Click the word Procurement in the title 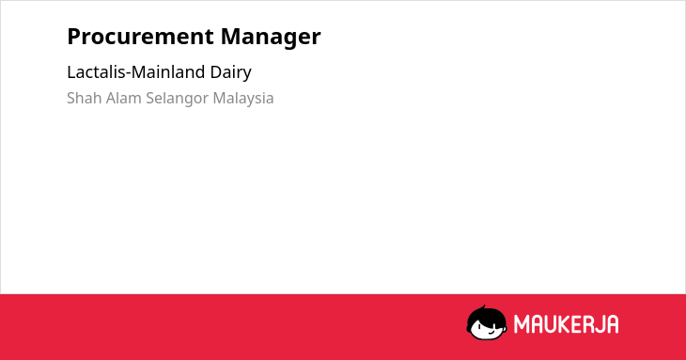coord(140,37)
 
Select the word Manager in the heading coord(271,38)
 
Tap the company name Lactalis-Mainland coord(136,71)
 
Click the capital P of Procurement coord(74,37)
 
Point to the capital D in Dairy coord(216,71)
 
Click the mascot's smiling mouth coord(491,333)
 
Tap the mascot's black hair coord(486,316)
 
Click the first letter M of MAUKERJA coord(522,324)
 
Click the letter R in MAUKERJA coord(587,324)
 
